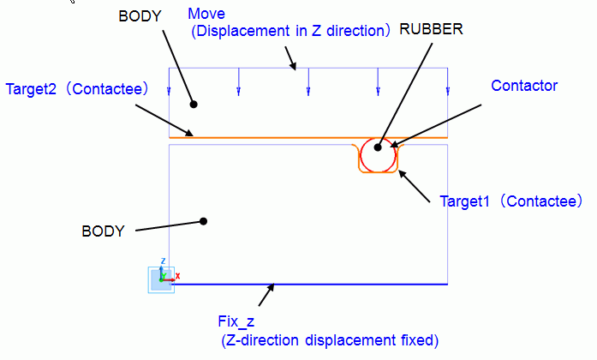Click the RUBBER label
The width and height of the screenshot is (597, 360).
431,29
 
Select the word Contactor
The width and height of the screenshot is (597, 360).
524,86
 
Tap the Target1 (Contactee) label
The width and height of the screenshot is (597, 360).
511,201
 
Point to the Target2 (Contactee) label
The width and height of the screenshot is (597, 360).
77,89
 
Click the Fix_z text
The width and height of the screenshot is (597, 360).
236,322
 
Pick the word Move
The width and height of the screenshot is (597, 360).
206,14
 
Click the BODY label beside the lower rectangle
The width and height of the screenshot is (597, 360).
103,231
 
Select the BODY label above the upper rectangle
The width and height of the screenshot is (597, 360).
140,16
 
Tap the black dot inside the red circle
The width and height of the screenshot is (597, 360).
378,147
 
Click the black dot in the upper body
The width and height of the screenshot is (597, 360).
194,104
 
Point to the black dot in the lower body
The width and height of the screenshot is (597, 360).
203,221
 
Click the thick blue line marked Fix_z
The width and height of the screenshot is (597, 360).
308,285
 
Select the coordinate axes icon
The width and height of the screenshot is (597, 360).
161,279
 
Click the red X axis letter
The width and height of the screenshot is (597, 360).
177,276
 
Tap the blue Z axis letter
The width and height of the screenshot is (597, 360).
163,261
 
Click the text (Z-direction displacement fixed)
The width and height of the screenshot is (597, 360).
330,340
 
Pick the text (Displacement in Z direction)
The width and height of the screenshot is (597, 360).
291,31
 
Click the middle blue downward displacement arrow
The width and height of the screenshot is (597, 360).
308,81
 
